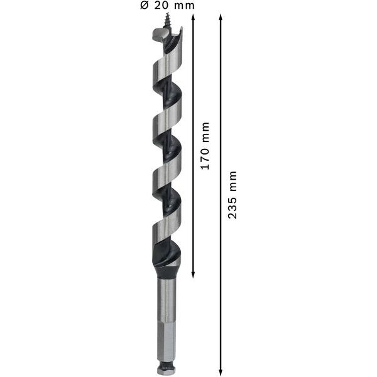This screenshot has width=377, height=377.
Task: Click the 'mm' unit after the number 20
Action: [183, 6]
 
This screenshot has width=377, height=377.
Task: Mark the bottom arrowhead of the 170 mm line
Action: [193, 275]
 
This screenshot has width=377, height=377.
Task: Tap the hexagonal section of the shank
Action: [167, 339]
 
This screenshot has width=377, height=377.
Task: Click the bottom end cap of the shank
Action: [167, 370]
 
